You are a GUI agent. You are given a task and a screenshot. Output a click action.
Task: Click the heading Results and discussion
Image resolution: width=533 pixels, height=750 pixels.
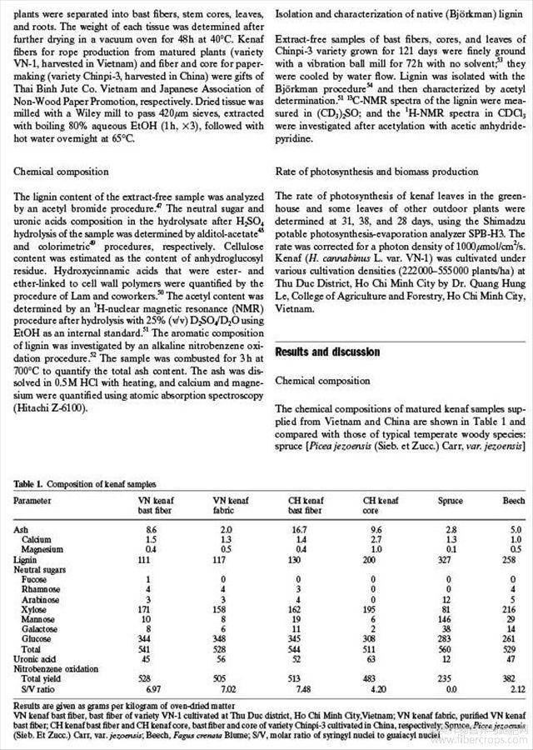pyautogui.click(x=327, y=352)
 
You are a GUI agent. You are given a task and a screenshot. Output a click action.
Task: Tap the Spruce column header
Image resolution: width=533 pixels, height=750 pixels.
pyautogui.click(x=450, y=501)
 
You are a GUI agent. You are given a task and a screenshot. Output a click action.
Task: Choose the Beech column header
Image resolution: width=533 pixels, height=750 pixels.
pyautogui.click(x=513, y=501)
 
